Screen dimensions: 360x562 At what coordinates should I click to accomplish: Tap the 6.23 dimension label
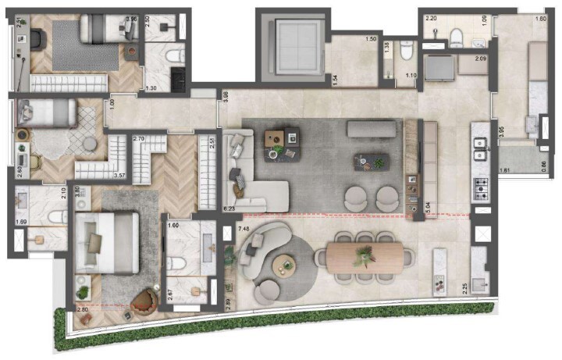click(x=229, y=209)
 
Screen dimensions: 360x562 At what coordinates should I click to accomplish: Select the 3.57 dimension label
click(x=120, y=176)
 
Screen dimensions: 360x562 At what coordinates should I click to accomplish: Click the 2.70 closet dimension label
click(x=140, y=139)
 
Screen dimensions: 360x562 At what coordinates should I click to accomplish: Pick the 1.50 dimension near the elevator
click(x=372, y=39)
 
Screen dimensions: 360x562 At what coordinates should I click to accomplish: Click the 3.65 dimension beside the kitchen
click(x=501, y=133)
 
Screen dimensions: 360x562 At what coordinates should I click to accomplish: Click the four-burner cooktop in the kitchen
click(x=480, y=188)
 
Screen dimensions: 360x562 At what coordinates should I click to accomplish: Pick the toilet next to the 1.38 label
click(x=404, y=52)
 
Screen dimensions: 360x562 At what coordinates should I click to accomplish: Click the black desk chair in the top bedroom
click(x=37, y=37)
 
